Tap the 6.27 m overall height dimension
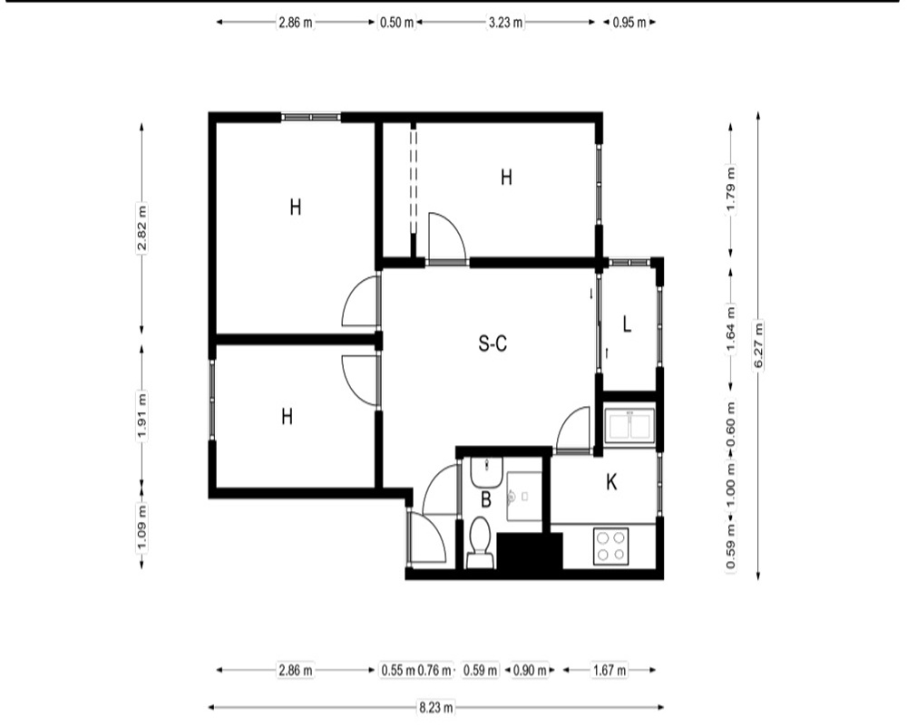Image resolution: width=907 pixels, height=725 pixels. coord(758,345)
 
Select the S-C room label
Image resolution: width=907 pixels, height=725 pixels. coord(493,343)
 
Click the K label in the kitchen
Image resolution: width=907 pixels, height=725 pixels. coord(611,481)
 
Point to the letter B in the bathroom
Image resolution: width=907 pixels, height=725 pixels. coord(486,499)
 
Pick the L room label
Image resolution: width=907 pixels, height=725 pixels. coord(627,324)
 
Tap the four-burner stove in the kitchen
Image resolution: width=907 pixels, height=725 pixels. coord(610,546)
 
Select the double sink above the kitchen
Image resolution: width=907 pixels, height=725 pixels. coord(630,426)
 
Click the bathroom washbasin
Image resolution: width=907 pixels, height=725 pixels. coord(486,472)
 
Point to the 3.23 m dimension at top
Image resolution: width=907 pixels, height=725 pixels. coord(505,23)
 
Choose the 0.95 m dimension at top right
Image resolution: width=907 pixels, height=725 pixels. coord(629,23)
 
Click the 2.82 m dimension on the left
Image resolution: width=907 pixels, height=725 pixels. coord(142,227)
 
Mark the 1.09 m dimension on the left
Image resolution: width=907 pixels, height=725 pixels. coord(142,527)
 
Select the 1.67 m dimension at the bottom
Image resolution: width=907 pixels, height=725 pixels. coord(610,670)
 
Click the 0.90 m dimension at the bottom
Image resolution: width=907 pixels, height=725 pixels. coord(530,670)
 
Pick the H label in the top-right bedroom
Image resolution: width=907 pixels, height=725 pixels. coord(506,178)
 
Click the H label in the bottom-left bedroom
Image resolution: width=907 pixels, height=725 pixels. coord(287,416)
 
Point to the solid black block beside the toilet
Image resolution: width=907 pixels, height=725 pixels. coord(530,552)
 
